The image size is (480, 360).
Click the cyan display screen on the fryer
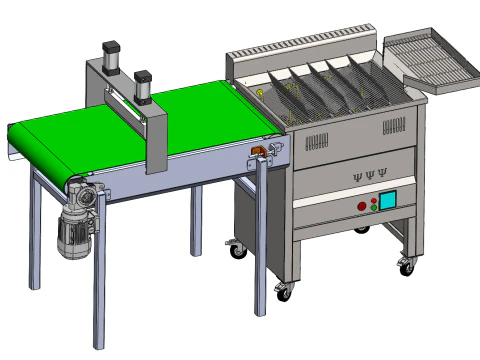386,199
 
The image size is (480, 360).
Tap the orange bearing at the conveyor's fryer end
258,153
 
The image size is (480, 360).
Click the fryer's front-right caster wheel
405,267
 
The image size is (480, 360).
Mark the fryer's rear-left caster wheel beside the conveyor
238,250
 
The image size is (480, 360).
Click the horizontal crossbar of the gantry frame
125,101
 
